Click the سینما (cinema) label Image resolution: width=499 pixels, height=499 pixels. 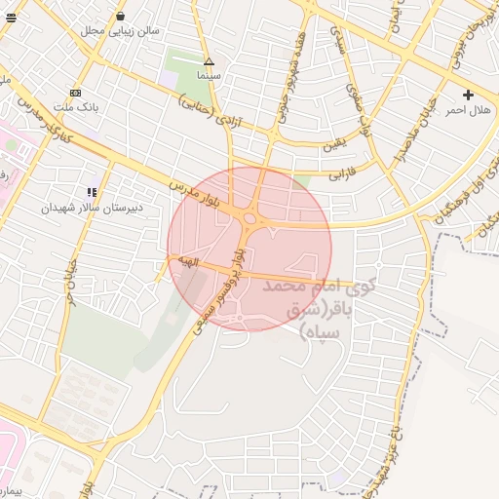208,75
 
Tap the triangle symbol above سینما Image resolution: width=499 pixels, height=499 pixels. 208,61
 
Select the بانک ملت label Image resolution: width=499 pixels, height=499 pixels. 75,104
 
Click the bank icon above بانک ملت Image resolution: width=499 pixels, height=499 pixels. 76,92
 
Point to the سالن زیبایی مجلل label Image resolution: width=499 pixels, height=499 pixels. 120,30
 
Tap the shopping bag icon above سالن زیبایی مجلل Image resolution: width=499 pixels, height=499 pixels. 120,17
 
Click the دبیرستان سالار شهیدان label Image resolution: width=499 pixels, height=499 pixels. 92,208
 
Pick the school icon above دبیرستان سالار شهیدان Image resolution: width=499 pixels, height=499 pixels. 92,193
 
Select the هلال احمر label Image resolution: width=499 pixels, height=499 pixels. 468,110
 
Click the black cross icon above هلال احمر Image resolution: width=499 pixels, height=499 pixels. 469,96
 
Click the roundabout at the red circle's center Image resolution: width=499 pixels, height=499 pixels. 250,220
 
